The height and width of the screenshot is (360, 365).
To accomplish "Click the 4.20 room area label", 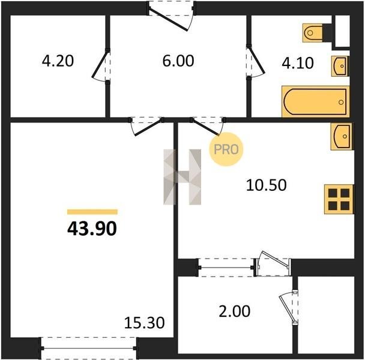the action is pos(58,61).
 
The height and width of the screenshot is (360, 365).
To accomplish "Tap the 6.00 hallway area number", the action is pos(178,61).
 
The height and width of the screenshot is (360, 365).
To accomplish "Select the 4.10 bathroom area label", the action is pos(298,63).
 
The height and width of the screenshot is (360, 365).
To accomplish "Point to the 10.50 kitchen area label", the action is pos(267,185).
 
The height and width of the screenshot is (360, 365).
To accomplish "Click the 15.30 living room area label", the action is pos(144,323).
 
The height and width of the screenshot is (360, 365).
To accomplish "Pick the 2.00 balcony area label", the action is pos(234,311).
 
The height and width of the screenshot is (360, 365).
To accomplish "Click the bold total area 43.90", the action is pos(92,229).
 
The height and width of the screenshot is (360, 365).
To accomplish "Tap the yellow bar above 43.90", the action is pos(92,212).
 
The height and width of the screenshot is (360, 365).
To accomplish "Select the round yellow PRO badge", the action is pos(226,149).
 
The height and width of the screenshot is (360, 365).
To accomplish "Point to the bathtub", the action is pos(315,101).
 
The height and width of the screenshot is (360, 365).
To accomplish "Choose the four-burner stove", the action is pos(339,199).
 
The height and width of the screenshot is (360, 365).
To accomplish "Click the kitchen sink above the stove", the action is pos(342,136).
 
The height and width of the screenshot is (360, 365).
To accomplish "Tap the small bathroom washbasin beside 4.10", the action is pos(340,66).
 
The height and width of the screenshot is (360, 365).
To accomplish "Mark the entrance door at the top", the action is pos(172,16).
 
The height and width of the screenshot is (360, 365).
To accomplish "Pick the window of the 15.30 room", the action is pos(89,348).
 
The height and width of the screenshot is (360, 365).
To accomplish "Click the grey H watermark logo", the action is pos(182,177).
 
